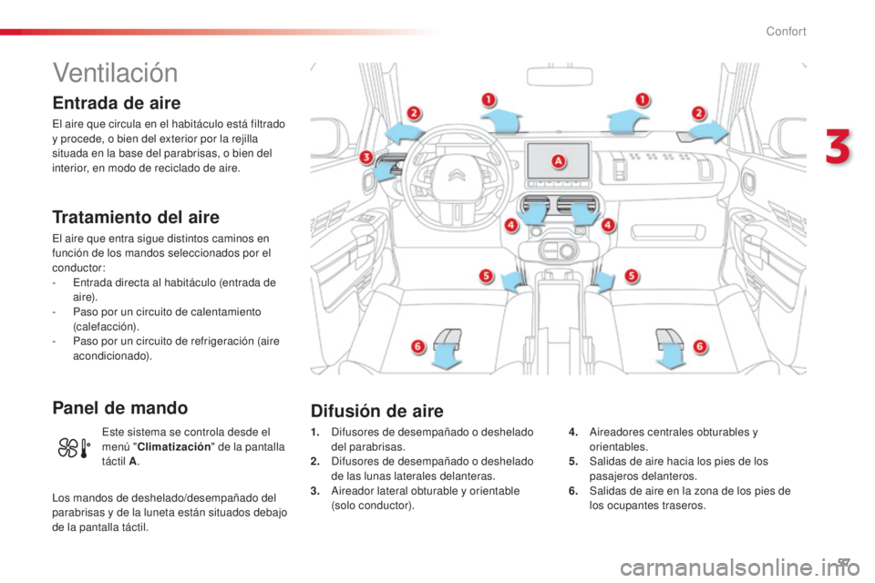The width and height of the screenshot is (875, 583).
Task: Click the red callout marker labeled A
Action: pyautogui.click(x=558, y=161)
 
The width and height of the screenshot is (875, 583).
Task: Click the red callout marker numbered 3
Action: pyautogui.click(x=365, y=157)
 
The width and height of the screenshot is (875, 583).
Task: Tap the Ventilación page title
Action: pyautogui.click(x=116, y=73)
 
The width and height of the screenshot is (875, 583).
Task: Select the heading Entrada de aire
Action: pyautogui.click(x=117, y=103)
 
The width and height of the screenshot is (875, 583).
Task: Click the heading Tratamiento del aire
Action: pyautogui.click(x=136, y=217)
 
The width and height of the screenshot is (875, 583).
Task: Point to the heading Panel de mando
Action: pyautogui.click(x=120, y=408)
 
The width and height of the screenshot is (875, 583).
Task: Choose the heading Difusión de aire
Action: pyautogui.click(x=377, y=411)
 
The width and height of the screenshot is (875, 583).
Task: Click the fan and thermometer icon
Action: pyautogui.click(x=74, y=448)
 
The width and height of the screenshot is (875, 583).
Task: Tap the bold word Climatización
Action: pyautogui.click(x=174, y=447)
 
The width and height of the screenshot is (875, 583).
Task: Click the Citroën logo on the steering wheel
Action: pyautogui.click(x=457, y=175)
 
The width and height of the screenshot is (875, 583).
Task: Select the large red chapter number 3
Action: pyautogui.click(x=838, y=147)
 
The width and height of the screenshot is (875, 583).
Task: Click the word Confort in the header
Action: pyautogui.click(x=786, y=31)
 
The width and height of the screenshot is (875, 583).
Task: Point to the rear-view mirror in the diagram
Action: pyautogui.click(x=559, y=76)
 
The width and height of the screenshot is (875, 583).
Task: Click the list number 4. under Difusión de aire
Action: pyautogui.click(x=573, y=433)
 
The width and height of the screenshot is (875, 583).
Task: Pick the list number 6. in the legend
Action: pyautogui.click(x=573, y=491)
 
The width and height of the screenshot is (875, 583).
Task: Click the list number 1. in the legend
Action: pyautogui.click(x=315, y=433)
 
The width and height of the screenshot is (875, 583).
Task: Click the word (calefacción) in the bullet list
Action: pyautogui.click(x=106, y=326)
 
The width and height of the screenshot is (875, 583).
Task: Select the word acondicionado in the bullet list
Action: pyautogui.click(x=111, y=356)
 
